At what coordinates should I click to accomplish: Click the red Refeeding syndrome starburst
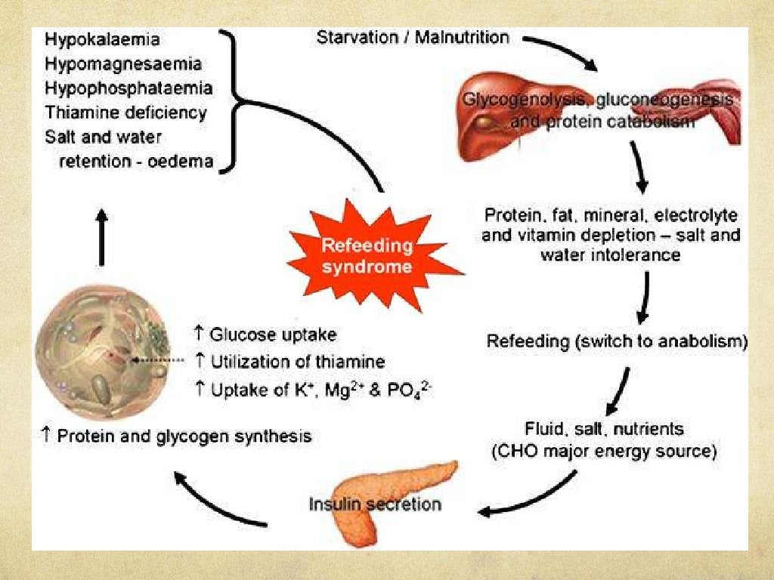click(x=367, y=256)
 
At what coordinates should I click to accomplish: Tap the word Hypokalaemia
click(x=102, y=39)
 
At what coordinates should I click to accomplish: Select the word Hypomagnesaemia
click(x=122, y=63)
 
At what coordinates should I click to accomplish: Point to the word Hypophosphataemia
click(x=128, y=88)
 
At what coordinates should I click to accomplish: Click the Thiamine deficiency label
click(x=125, y=113)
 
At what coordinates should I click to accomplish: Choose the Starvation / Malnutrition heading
click(x=413, y=36)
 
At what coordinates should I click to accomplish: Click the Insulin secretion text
click(x=375, y=503)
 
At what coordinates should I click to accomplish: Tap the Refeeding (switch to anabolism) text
click(x=617, y=341)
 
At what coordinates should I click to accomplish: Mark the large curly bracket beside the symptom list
click(x=229, y=99)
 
